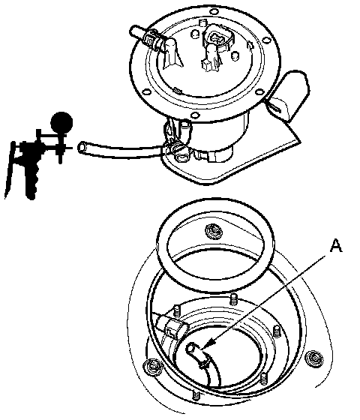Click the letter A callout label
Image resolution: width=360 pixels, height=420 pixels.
(x=336, y=246)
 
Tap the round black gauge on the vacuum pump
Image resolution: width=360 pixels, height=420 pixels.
(x=61, y=122)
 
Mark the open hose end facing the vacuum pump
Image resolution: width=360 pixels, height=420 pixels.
(x=82, y=148)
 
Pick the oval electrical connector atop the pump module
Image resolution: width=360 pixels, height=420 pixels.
(x=217, y=38)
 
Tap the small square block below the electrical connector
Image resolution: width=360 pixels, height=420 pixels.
(x=206, y=64)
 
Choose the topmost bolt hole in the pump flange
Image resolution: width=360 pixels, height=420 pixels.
(x=214, y=12)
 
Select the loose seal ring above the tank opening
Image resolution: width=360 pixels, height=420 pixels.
(x=215, y=244)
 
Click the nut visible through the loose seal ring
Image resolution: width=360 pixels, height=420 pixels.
(x=214, y=230)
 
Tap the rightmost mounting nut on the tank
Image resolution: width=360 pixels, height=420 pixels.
(x=314, y=358)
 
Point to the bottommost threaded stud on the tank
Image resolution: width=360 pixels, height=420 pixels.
(x=196, y=394)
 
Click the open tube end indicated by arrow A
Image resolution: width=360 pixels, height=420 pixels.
(x=191, y=348)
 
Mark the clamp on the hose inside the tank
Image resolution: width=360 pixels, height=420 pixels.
(x=204, y=362)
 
